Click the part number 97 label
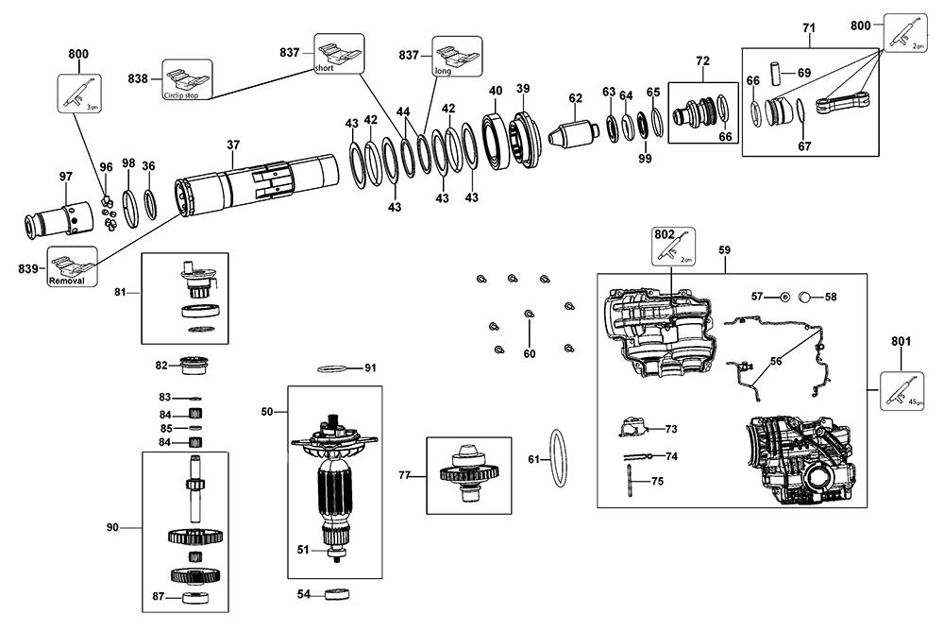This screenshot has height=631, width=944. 65,177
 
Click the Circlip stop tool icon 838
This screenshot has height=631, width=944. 187,77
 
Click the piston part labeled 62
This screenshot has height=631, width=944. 574,131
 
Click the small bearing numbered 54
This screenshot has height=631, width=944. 335,595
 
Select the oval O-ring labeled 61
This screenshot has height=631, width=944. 558,459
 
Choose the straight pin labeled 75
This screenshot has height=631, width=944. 627,481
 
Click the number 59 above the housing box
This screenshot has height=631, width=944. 724,250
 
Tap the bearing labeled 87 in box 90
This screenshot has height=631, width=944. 195,596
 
